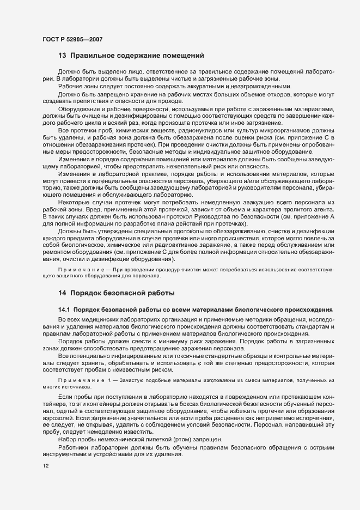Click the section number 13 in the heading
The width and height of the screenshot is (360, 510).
[x=62, y=55]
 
